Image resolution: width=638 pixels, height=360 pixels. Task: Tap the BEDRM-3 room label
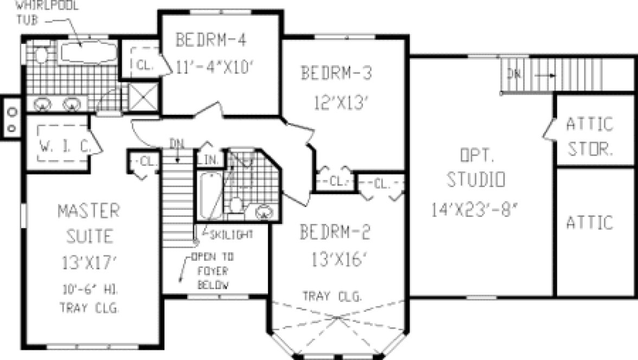point(336,72)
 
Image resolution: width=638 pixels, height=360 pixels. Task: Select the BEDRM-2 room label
point(335,233)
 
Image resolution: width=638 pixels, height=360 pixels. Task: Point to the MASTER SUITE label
point(89,223)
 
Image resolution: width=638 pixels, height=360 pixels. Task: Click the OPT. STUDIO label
point(475,169)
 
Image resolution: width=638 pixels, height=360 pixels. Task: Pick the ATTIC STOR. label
point(589,136)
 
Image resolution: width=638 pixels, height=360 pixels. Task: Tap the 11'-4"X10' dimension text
point(215,66)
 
